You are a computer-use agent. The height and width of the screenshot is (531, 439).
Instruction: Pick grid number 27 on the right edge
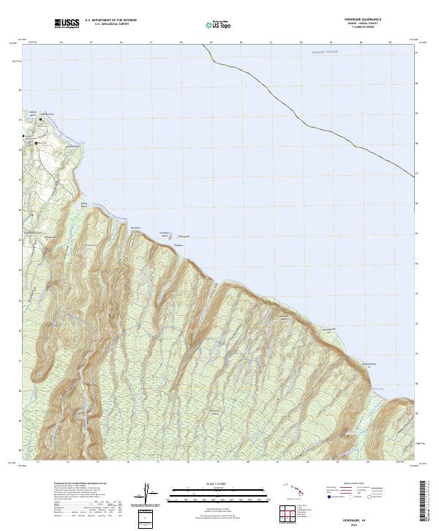(x=416, y=173)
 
